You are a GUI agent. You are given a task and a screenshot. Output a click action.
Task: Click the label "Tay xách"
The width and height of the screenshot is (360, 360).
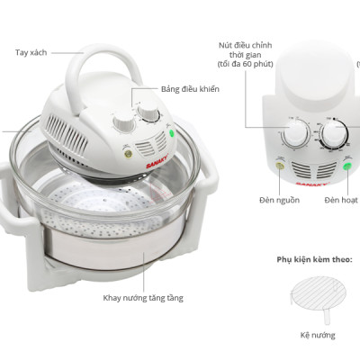click(x=31, y=53)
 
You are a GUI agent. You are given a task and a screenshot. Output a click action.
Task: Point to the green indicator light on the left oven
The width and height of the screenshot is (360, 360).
click(x=173, y=137)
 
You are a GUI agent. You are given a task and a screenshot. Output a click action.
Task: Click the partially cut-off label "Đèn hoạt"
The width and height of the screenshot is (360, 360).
click(x=341, y=199)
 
